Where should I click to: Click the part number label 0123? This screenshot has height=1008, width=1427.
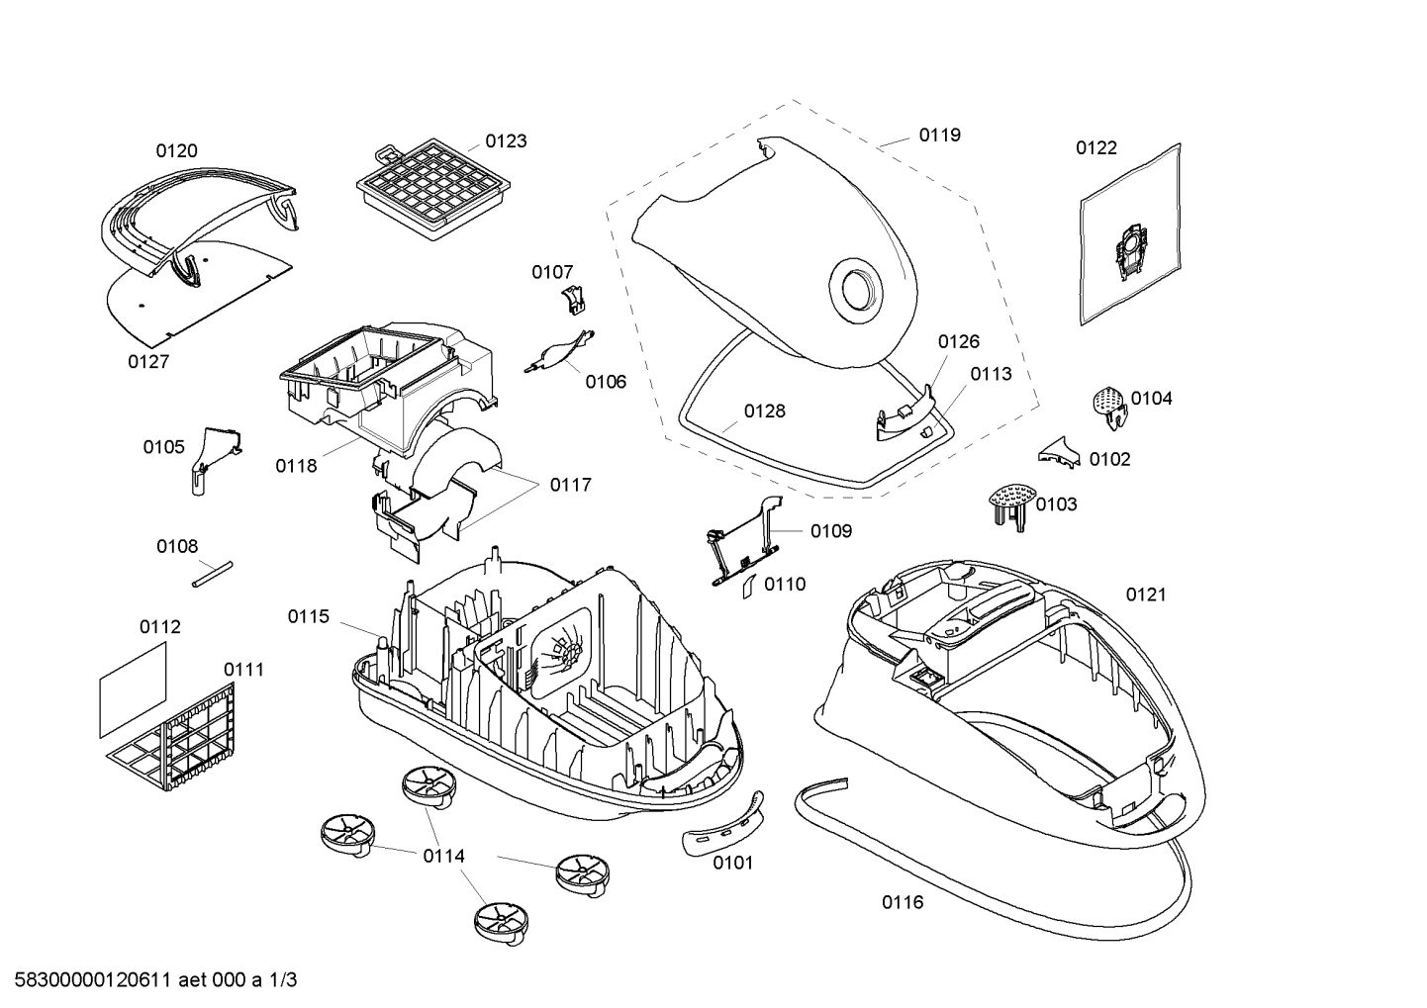[506, 140]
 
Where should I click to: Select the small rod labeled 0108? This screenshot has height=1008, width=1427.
[213, 575]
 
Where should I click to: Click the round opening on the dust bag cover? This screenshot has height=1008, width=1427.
[857, 290]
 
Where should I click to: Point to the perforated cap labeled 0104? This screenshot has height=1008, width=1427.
[1109, 407]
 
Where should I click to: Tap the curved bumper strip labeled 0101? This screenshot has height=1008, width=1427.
[723, 825]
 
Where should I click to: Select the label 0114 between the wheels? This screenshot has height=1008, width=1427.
[444, 856]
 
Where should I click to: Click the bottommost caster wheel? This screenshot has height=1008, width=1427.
[502, 923]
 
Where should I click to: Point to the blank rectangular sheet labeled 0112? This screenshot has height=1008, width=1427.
[134, 689]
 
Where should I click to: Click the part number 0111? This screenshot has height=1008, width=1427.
[243, 670]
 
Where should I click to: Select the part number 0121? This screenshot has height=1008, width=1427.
[1146, 595]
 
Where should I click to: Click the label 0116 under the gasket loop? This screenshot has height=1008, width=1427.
[903, 901]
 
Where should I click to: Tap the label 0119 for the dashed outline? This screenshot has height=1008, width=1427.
[940, 135]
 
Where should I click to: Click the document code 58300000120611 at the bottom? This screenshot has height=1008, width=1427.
[93, 980]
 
